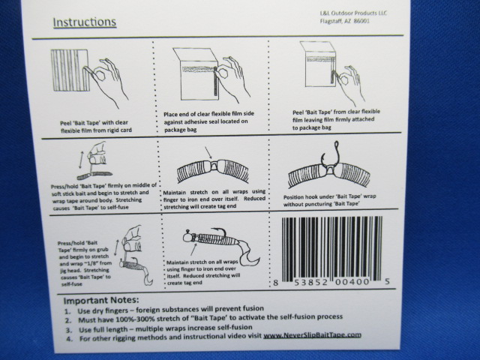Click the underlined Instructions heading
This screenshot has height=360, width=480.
click(x=84, y=21)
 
